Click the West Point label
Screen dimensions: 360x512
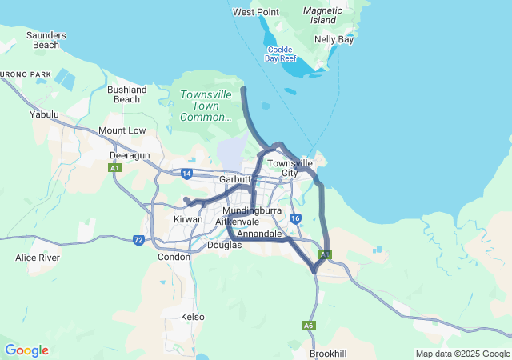click(255, 12)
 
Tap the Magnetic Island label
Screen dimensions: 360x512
click(323, 15)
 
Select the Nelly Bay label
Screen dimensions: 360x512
click(334, 39)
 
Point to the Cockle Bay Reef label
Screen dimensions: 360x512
click(281, 54)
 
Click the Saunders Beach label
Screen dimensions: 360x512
click(46, 40)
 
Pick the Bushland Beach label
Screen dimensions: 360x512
click(126, 94)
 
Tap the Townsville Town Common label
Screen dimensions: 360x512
click(206, 106)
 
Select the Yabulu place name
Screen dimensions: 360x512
click(45, 114)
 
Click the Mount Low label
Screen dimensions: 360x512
click(122, 130)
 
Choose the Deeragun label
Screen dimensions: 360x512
click(130, 155)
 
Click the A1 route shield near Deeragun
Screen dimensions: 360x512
click(115, 168)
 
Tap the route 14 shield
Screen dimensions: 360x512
click(186, 173)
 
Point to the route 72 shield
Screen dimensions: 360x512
click(138, 240)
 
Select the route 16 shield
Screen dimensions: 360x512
click(296, 218)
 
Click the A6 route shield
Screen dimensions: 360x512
click(309, 326)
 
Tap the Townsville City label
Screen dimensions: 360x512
click(290, 168)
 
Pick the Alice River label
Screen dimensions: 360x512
click(38, 258)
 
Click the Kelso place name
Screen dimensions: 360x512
click(193, 317)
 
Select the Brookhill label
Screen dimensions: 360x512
click(327, 353)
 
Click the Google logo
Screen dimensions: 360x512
click(26, 350)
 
